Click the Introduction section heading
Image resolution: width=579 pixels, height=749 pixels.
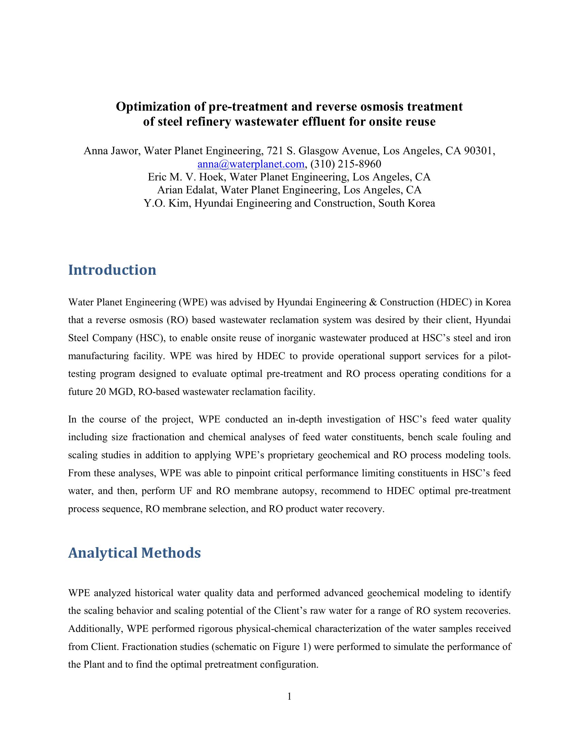coord(112,270)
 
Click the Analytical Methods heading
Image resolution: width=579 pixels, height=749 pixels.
coord(135,553)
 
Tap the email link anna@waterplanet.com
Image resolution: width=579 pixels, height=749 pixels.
coord(251,164)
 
